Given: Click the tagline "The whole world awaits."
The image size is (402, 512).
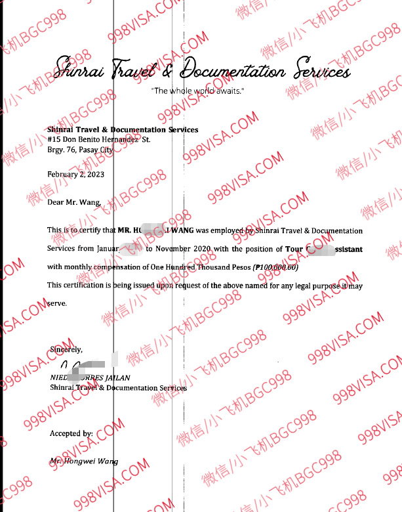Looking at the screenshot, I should coord(197,91).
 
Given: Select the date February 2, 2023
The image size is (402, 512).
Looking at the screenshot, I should coord(75,174).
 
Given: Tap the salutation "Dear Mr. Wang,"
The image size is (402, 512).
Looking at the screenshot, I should coord(75,202).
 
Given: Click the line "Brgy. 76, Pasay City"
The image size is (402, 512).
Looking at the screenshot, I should coord(80,150).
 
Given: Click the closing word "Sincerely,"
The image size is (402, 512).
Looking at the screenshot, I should coord(66,350).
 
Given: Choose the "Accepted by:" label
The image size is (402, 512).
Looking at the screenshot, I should coord(71,434).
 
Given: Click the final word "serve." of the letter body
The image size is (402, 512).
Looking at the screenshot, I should coord(57,304).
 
